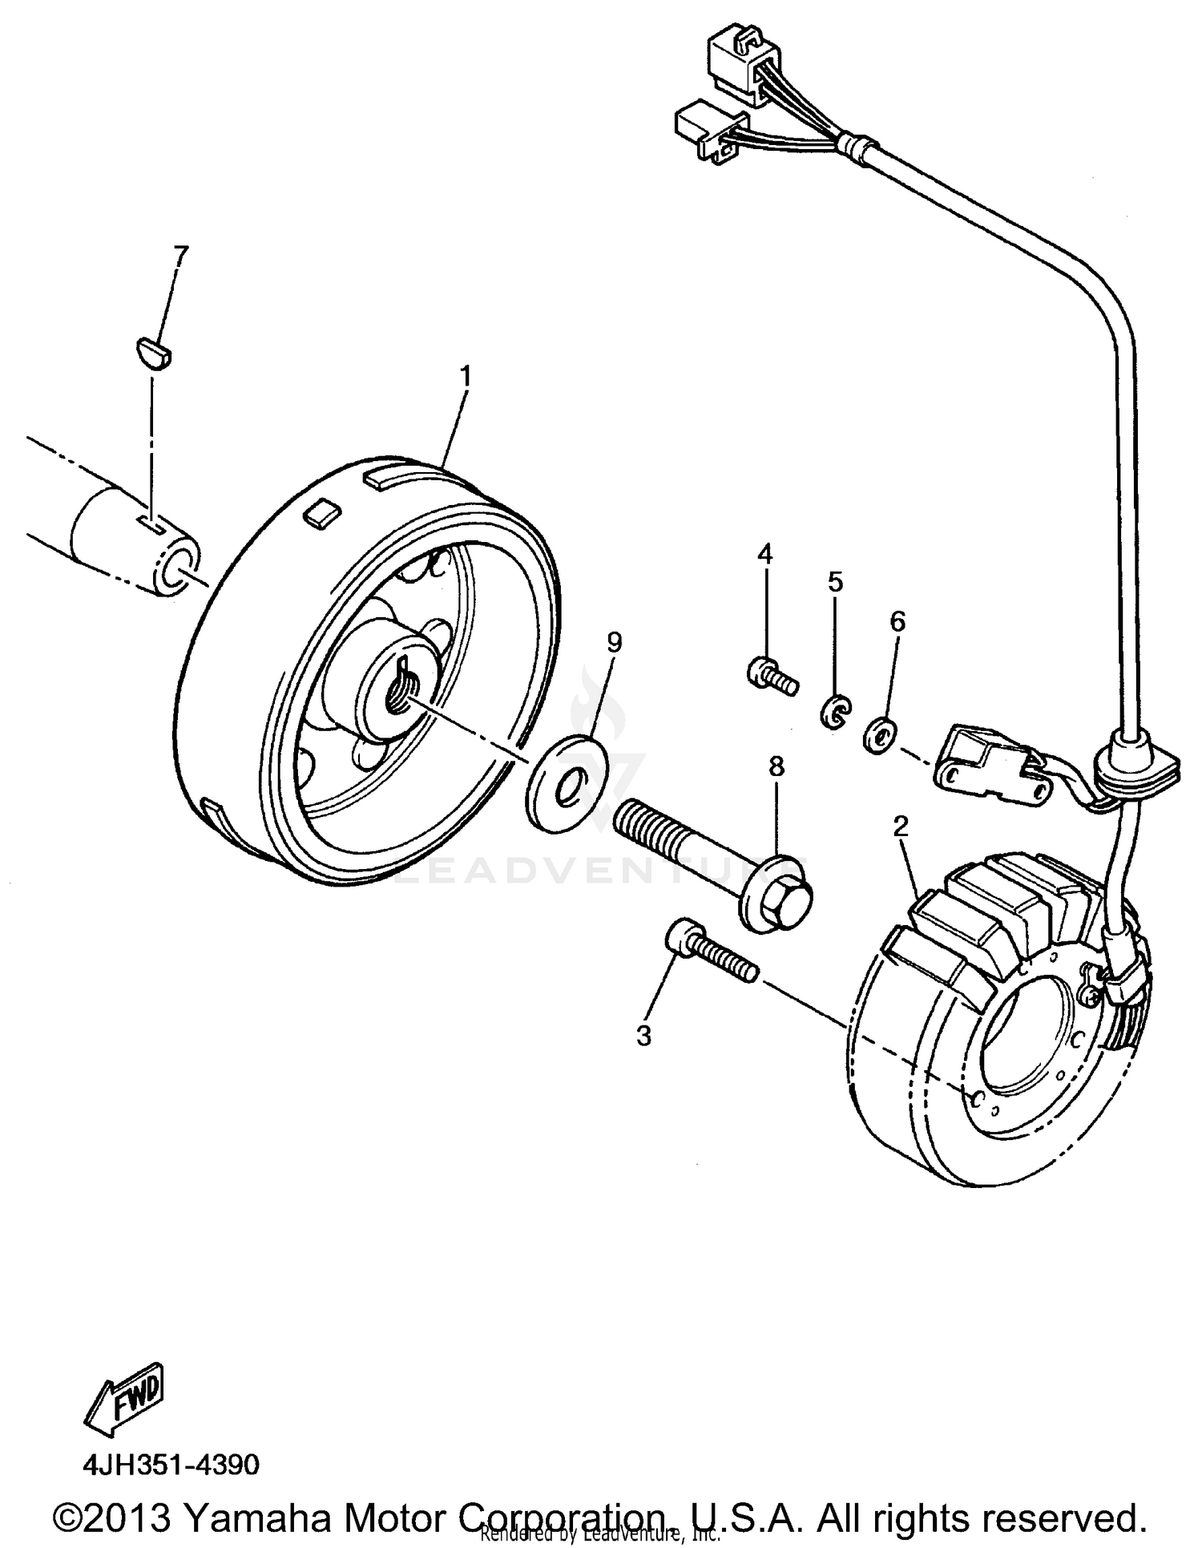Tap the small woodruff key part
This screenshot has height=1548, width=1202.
tap(151, 354)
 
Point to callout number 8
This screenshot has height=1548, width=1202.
tap(776, 766)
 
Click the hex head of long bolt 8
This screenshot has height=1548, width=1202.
tap(775, 904)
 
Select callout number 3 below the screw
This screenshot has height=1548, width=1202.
tap(644, 1035)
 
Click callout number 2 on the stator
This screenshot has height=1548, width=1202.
tap(901, 827)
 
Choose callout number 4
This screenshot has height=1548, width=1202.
tap(765, 553)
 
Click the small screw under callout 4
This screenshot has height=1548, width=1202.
tap(769, 675)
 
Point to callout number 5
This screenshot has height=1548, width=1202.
tap(836, 582)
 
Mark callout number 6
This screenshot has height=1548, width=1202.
tap(897, 621)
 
